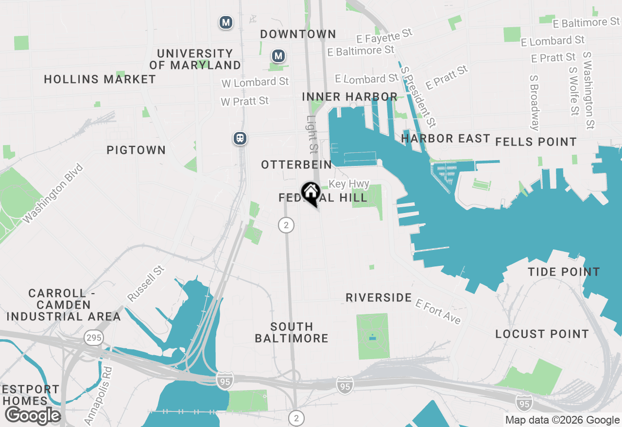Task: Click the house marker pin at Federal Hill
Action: pyautogui.click(x=310, y=193)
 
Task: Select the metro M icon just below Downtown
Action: pyautogui.click(x=278, y=56)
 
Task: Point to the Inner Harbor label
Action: pyautogui.click(x=350, y=97)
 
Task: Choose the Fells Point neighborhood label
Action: pyautogui.click(x=536, y=142)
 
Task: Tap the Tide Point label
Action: pyautogui.click(x=564, y=272)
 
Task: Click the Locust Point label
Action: pyautogui.click(x=542, y=334)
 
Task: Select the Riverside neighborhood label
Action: pyautogui.click(x=379, y=297)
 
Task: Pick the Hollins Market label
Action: pyautogui.click(x=100, y=79)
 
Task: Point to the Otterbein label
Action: pyautogui.click(x=296, y=165)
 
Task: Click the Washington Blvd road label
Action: pyautogui.click(x=53, y=194)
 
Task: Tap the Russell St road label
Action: pyautogui.click(x=146, y=283)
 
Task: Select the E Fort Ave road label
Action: pyautogui.click(x=438, y=311)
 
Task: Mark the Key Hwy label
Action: pyautogui.click(x=349, y=184)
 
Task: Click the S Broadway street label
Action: pyautogui.click(x=535, y=103)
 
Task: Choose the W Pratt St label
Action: pyautogui.click(x=244, y=101)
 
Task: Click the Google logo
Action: pyautogui.click(x=33, y=416)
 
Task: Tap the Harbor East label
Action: pyautogui.click(x=446, y=139)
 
